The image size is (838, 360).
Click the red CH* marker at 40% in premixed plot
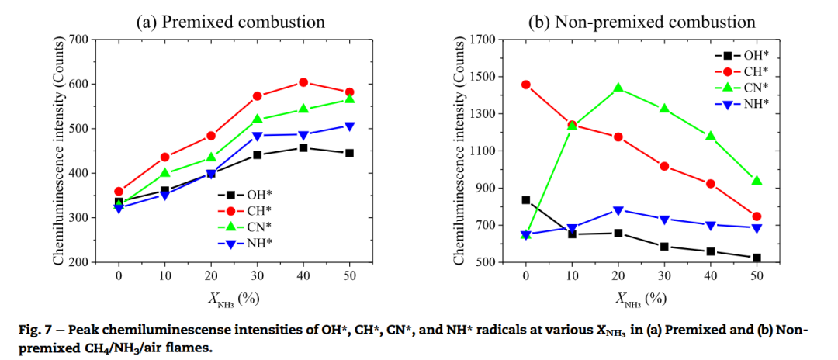coord(303,82)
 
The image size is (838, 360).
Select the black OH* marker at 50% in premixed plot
coord(349,153)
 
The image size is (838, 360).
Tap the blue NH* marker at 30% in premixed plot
coord(258,136)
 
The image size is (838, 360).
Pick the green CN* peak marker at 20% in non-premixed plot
coord(618,88)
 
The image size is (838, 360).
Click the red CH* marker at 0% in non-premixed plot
coord(526,85)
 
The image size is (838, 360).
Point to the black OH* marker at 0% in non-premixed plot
coord(526,200)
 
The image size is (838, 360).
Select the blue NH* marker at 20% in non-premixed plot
coord(618,211)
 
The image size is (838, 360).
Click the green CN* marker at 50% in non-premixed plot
coord(757,181)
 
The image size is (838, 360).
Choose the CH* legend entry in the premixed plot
coord(248,211)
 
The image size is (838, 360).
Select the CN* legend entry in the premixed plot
coord(248,227)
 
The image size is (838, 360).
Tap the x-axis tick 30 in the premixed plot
coord(257,275)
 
